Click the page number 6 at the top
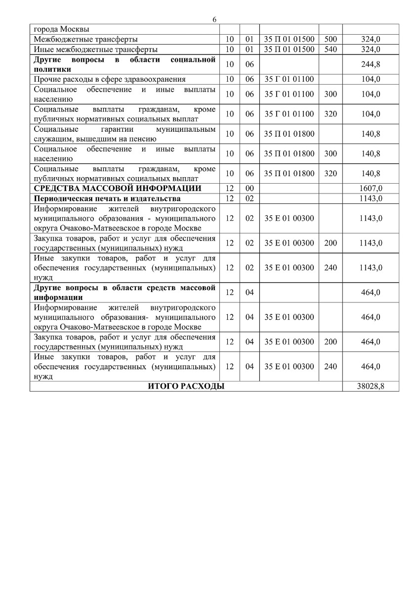(214, 19)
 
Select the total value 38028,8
(371, 387)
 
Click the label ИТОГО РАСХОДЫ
(186, 387)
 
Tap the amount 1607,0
(371, 189)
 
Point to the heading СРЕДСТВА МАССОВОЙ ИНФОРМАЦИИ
(117, 189)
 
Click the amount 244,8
(371, 64)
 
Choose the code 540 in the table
(331, 49)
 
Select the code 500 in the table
(331, 39)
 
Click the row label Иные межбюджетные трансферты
(95, 49)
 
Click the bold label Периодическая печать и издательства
(107, 198)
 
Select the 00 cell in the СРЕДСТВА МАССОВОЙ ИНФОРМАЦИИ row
(250, 189)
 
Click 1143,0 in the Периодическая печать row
(371, 198)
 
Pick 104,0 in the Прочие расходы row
(371, 79)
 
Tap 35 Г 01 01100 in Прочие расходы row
(289, 79)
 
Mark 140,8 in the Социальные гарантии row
(371, 134)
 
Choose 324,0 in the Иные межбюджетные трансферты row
(371, 49)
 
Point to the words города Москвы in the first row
(58, 29)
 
